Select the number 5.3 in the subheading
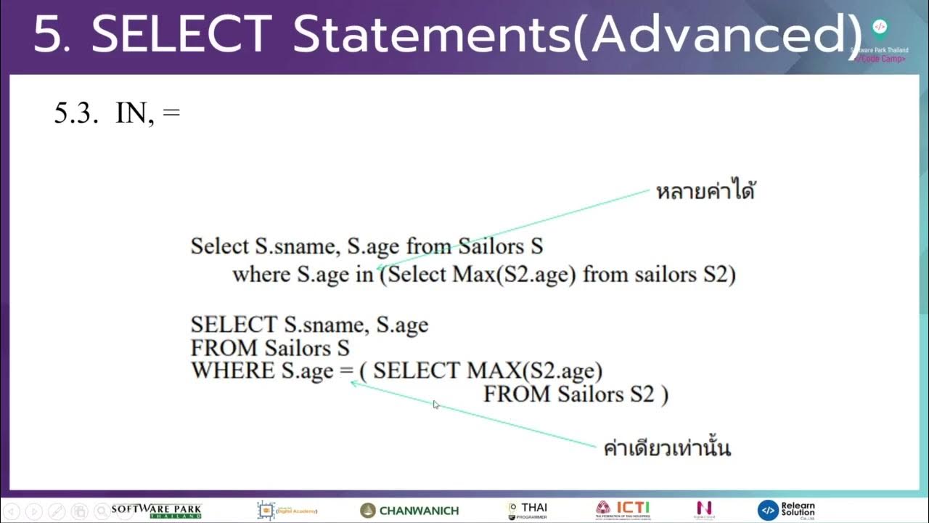pyautogui.click(x=75, y=113)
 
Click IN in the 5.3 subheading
pyautogui.click(x=131, y=113)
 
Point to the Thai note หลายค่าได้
pyautogui.click(x=705, y=192)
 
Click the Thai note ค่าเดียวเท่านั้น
pyautogui.click(x=667, y=448)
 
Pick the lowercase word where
pyautogui.click(x=262, y=275)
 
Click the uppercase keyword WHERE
pyautogui.click(x=232, y=370)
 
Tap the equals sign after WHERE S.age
pyautogui.click(x=345, y=370)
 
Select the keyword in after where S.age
pyautogui.click(x=363, y=275)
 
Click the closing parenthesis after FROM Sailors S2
pyautogui.click(x=664, y=394)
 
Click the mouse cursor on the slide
pyautogui.click(x=436, y=405)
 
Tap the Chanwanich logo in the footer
pyautogui.click(x=409, y=511)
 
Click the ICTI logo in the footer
pyautogui.click(x=623, y=509)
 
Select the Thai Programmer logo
pyautogui.click(x=528, y=510)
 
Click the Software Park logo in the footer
pyautogui.click(x=156, y=511)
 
